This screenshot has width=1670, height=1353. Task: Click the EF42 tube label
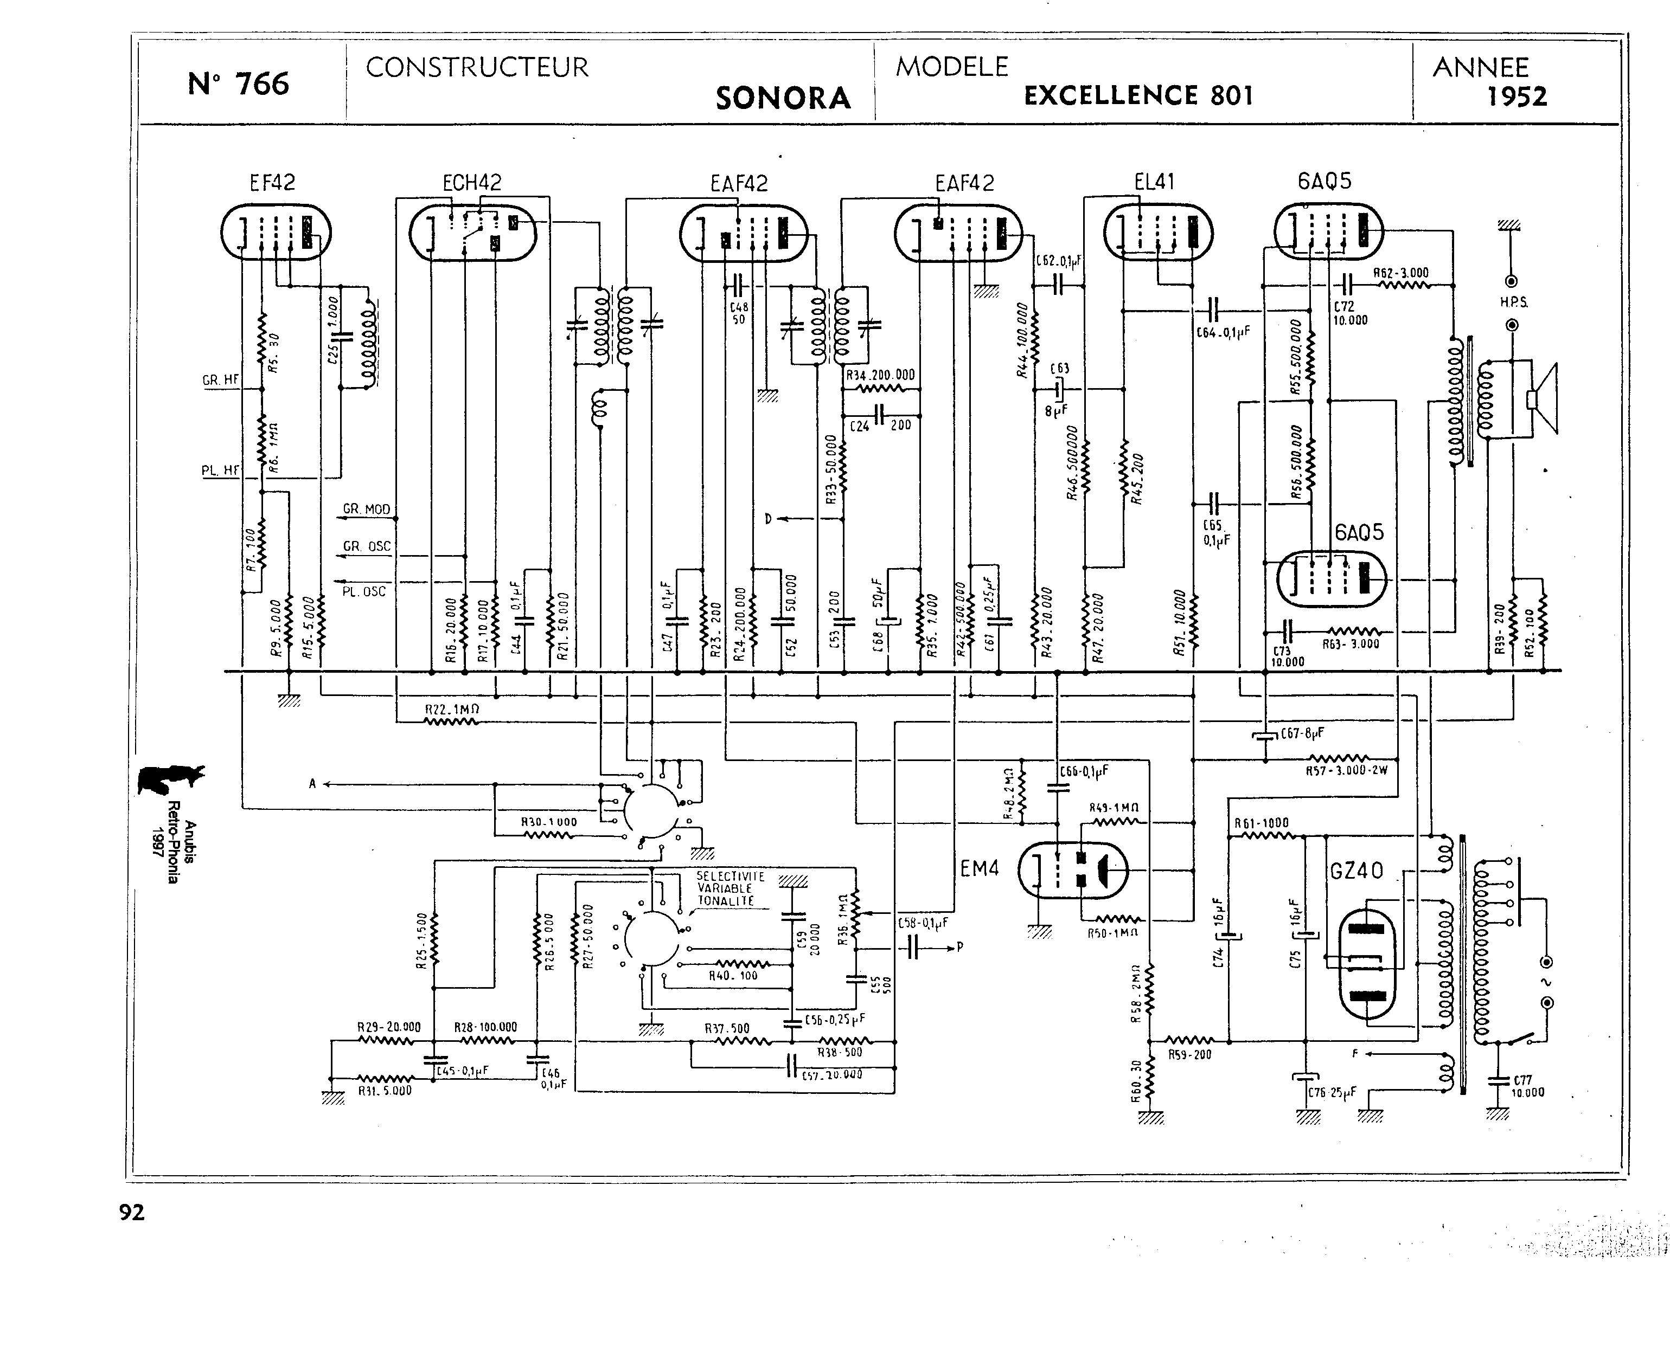pos(272,182)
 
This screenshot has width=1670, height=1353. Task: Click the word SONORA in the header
pos(783,98)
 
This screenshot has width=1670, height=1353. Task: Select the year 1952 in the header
pos(1517,96)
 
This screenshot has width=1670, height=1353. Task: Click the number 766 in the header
pos(262,84)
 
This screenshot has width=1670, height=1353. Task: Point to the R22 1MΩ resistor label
pos(451,709)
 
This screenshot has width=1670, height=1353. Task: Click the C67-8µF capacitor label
pos(1302,733)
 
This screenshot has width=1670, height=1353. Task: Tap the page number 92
pos(132,1213)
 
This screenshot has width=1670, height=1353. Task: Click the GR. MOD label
pos(367,510)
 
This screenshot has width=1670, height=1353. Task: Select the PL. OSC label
pos(364,591)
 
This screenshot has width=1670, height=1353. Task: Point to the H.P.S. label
pos(1513,302)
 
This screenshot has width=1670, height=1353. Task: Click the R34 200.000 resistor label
pos(880,375)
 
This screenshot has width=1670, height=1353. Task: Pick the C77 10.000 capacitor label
pos(1527,1086)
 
